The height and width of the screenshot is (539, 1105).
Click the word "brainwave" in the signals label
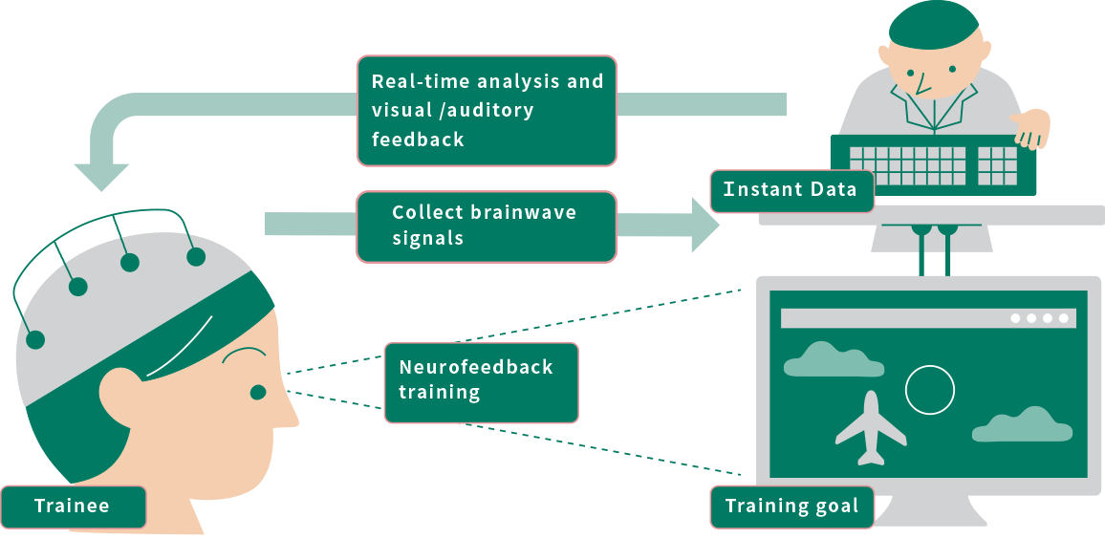[524, 212]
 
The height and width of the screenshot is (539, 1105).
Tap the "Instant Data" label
[791, 190]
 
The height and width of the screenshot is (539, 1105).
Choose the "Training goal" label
[791, 507]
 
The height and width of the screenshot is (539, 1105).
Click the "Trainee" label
[72, 507]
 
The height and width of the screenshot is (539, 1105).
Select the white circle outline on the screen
[929, 390]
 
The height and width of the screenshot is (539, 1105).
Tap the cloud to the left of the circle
[820, 359]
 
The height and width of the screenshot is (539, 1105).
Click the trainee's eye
[258, 392]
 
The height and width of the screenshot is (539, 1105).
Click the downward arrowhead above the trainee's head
[101, 176]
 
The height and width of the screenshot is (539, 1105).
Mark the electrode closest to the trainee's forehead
[196, 256]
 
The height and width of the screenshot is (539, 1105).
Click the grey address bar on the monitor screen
[889, 318]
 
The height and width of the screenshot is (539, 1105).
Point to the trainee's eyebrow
[245, 356]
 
